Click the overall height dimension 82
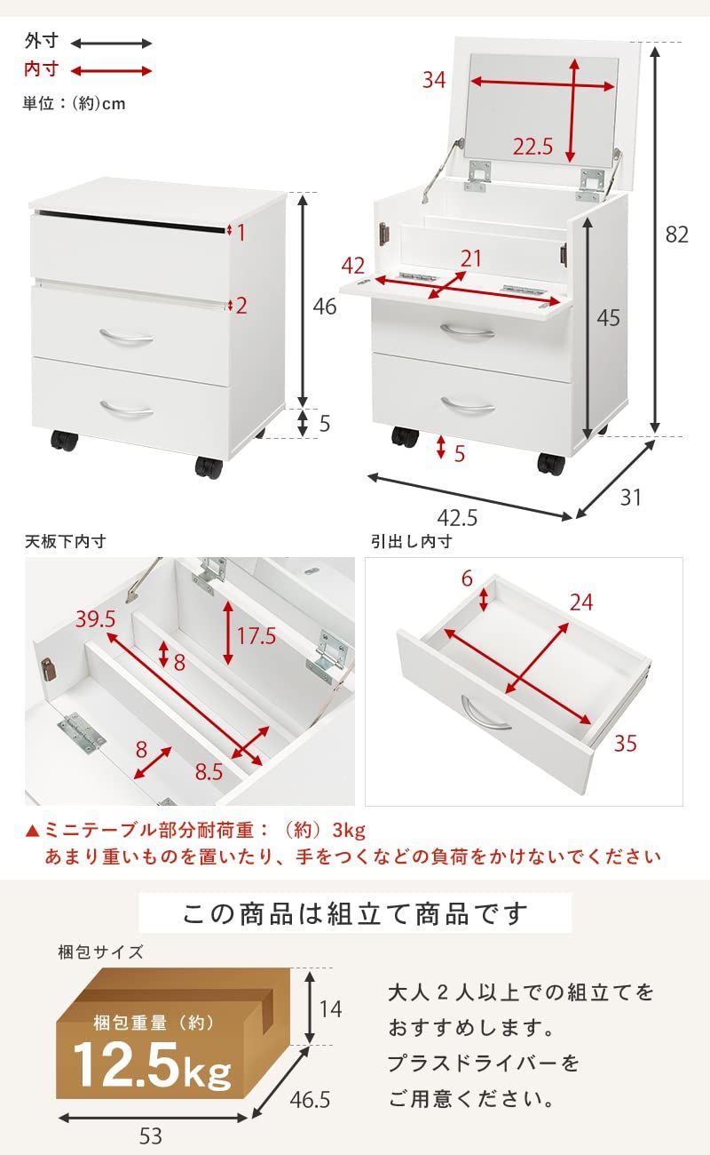click(677, 235)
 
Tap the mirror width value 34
click(434, 80)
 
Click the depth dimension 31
click(630, 498)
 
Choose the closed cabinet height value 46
click(325, 307)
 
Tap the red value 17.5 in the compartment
click(257, 635)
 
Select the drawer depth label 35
click(625, 743)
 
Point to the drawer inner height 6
click(467, 578)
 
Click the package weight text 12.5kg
click(152, 1063)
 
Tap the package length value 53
click(151, 1135)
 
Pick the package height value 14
click(330, 1009)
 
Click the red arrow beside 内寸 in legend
click(111, 71)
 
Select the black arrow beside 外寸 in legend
click(111, 43)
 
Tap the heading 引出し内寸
click(412, 541)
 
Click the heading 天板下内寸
click(65, 541)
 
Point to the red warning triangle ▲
click(33, 831)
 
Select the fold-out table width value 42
click(353, 266)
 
